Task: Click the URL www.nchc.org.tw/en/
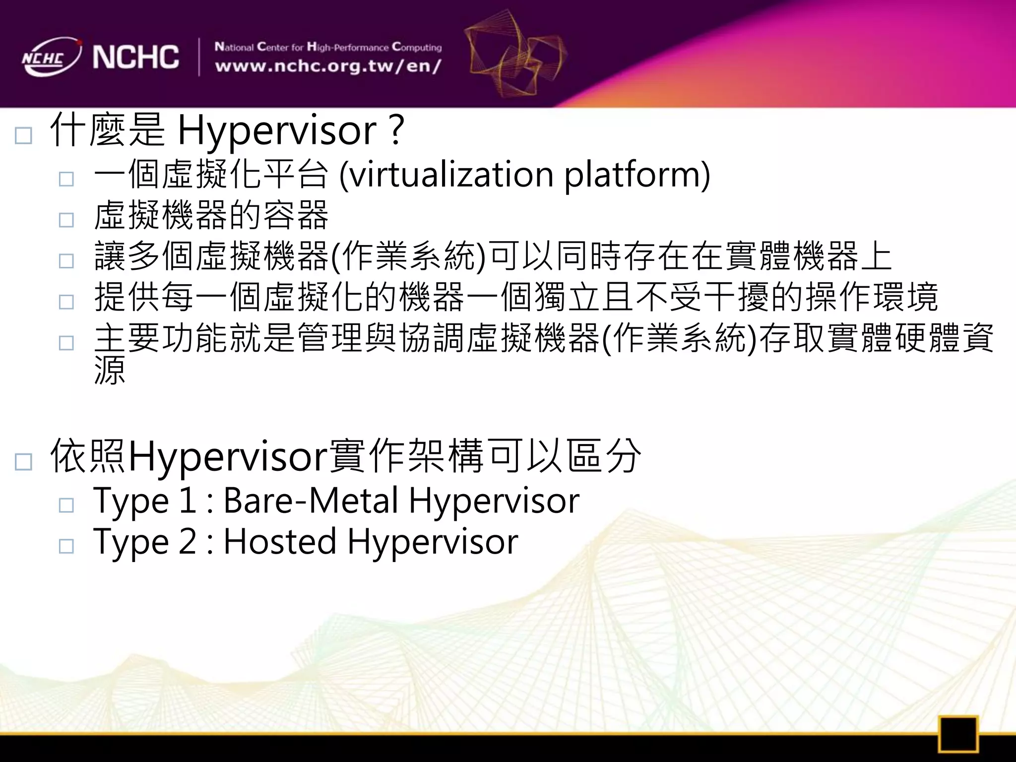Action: point(327,66)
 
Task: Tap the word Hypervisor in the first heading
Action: point(277,131)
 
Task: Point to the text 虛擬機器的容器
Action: point(211,216)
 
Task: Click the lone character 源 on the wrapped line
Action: point(110,370)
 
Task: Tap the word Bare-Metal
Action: point(311,500)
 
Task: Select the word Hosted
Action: point(280,541)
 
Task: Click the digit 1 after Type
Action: point(188,500)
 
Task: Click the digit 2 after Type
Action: point(188,541)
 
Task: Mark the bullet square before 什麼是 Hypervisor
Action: point(23,135)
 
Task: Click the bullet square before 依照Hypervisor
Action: point(23,461)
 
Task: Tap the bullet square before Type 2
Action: point(66,546)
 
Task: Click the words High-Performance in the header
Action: point(347,47)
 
